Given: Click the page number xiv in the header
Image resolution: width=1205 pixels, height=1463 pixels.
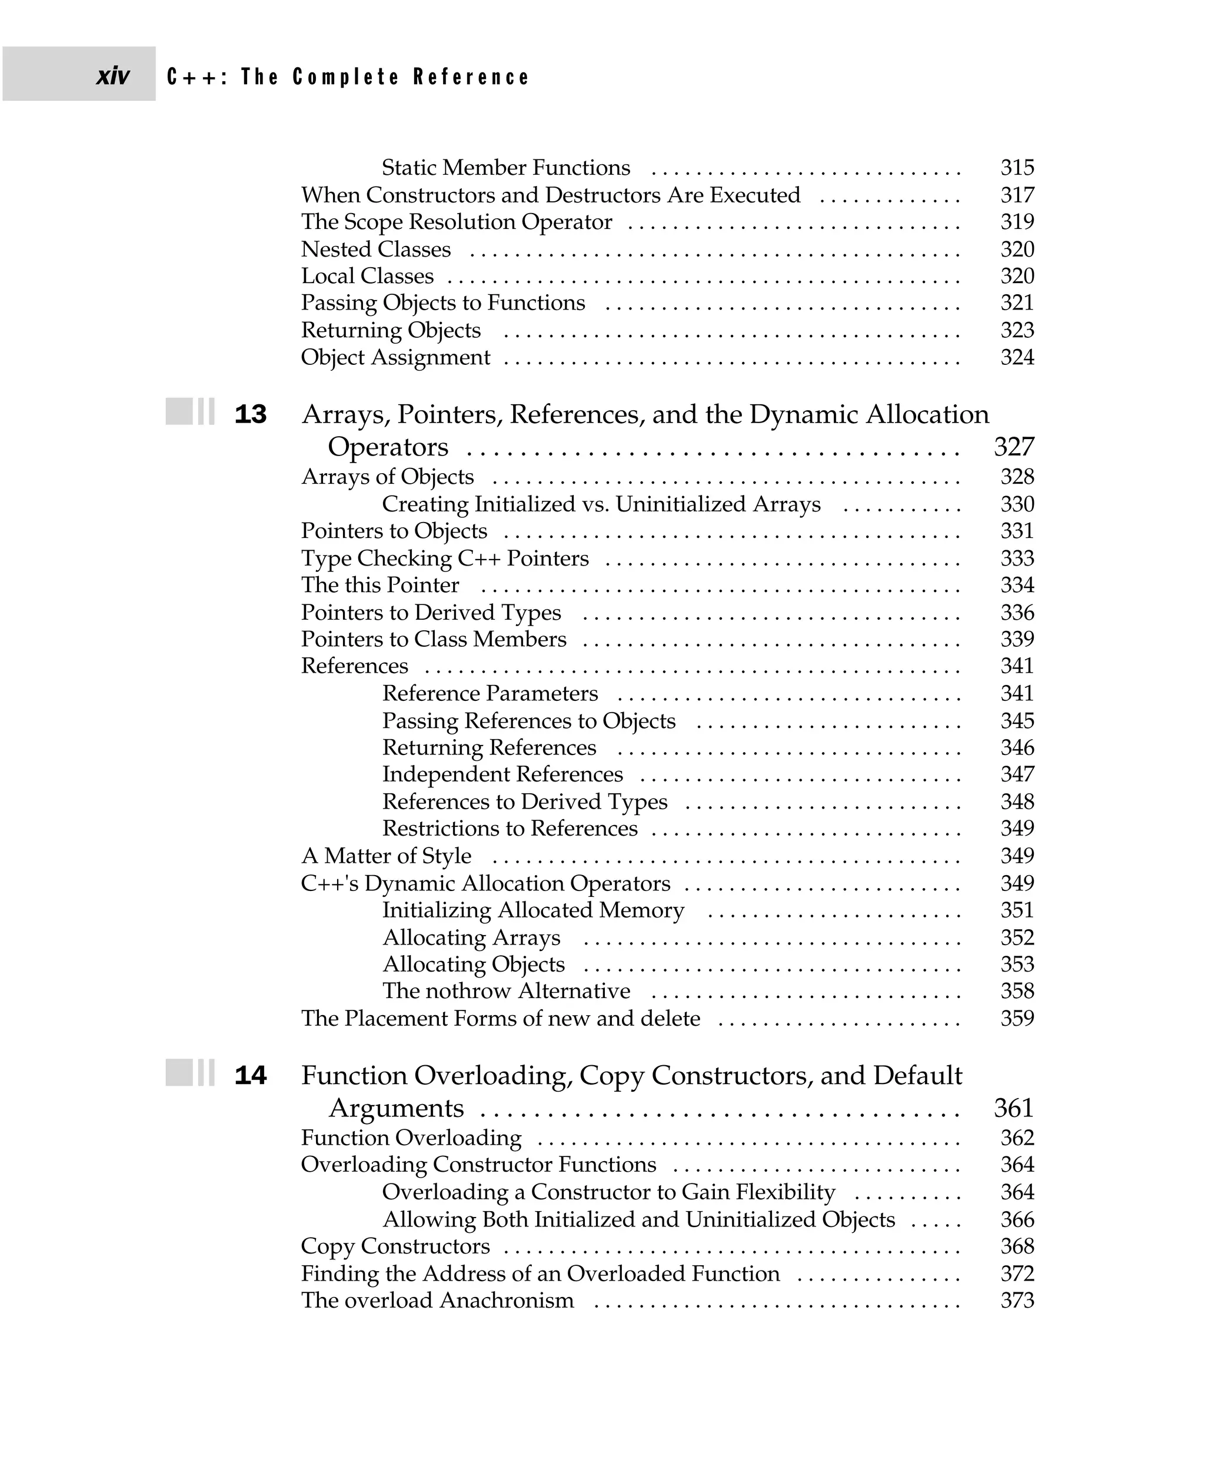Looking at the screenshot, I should point(112,76).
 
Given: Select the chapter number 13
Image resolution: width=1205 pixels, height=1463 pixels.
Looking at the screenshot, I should point(251,414).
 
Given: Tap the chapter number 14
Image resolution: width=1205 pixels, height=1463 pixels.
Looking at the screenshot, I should point(251,1076).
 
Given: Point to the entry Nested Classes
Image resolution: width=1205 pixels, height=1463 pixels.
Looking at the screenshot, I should point(375,250).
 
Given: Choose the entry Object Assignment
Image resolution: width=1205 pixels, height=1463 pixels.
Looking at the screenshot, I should point(395,358).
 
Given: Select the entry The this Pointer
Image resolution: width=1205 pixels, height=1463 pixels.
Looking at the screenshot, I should point(380,586).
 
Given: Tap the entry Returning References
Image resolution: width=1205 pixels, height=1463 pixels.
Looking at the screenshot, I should point(489,748).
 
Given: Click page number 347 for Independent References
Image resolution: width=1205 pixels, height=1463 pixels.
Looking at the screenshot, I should point(1017,774).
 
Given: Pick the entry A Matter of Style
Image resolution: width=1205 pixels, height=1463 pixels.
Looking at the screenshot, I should point(386,856).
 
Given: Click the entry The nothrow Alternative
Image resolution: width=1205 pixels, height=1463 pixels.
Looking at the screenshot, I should point(506,991).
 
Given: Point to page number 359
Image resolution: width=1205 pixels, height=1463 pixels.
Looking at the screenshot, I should point(1017,1019).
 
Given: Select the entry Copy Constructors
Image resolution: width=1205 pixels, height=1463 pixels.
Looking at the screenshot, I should point(395,1246).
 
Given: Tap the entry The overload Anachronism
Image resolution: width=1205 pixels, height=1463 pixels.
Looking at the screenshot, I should point(437,1301).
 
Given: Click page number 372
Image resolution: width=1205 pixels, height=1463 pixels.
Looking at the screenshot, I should point(1017,1274).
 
